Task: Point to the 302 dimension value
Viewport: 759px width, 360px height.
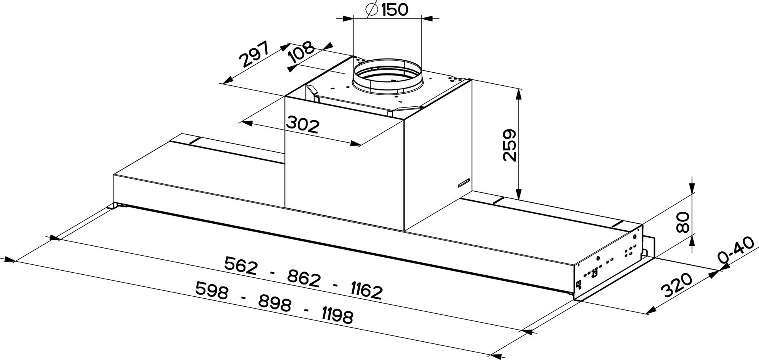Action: click(x=302, y=125)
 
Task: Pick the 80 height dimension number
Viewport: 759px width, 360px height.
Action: click(x=682, y=222)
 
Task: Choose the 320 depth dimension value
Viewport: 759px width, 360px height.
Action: click(x=677, y=285)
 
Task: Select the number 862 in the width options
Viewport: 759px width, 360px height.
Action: click(x=304, y=278)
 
